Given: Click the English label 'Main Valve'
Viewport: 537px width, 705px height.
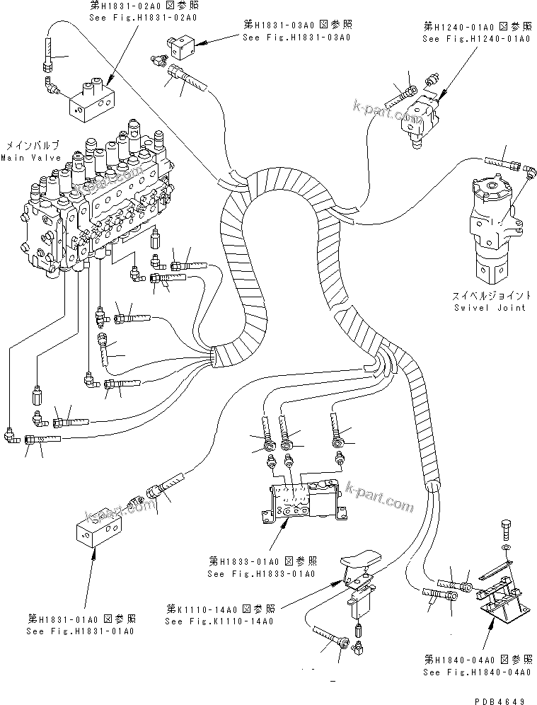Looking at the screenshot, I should pyautogui.click(x=30, y=157).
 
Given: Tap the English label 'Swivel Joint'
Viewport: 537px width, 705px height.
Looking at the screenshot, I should pyautogui.click(x=490, y=308).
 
